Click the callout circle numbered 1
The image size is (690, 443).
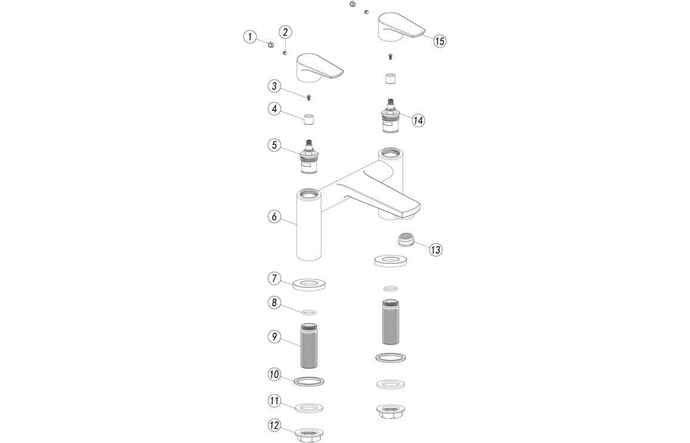pos(249,37)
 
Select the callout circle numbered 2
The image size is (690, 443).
pos(285,32)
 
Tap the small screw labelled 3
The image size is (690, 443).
pos(309,97)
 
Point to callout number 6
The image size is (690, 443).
pos(274,217)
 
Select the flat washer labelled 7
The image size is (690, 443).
pos(309,284)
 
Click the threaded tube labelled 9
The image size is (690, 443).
pos(309,346)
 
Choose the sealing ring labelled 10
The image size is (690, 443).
pos(309,380)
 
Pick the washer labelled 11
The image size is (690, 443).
pos(309,407)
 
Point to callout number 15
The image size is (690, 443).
pos(439,41)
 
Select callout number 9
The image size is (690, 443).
pos(274,337)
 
